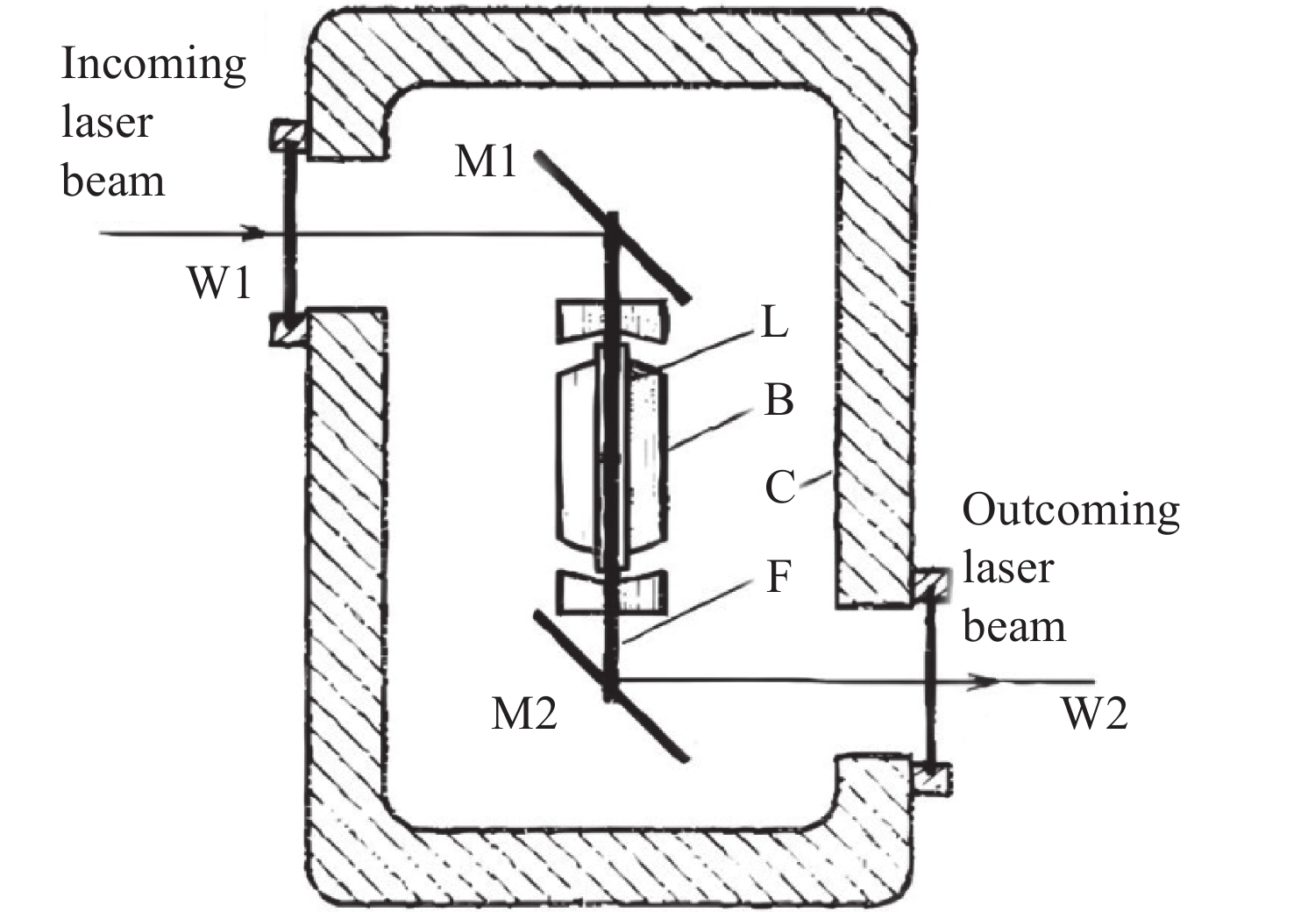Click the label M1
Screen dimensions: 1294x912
click(486, 161)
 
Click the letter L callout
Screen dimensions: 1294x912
click(775, 322)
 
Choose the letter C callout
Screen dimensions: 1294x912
click(780, 487)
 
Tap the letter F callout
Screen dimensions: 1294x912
click(779, 576)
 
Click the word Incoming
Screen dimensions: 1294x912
click(153, 65)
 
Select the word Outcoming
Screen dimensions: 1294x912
click(1070, 511)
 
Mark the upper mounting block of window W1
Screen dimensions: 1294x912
click(288, 135)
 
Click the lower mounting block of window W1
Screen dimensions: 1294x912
click(288, 330)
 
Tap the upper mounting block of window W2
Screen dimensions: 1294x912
click(931, 585)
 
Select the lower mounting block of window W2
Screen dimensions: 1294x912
click(932, 780)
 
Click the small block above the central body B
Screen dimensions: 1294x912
click(612, 320)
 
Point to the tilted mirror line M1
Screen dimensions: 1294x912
click(612, 226)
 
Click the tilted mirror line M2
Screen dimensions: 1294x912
click(610, 687)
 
